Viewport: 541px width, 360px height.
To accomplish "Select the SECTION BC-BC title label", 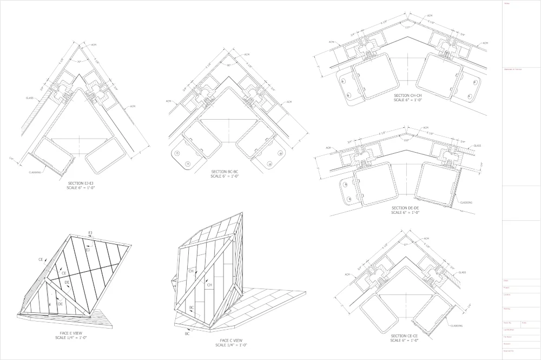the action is pyautogui.click(x=226, y=172).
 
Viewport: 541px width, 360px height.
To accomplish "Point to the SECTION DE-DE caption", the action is pyautogui.click(x=405, y=208).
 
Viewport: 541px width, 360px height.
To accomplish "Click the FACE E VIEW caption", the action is pyautogui.click(x=70, y=333).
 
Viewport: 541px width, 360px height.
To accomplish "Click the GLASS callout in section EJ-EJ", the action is pyautogui.click(x=30, y=98).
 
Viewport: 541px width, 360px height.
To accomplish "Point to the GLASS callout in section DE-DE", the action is pyautogui.click(x=477, y=146).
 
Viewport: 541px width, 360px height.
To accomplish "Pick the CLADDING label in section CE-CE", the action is pyautogui.click(x=457, y=325).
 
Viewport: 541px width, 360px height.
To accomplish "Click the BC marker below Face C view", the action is pyautogui.click(x=187, y=334).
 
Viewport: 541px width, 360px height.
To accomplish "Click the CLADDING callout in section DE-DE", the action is pyautogui.click(x=466, y=202).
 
